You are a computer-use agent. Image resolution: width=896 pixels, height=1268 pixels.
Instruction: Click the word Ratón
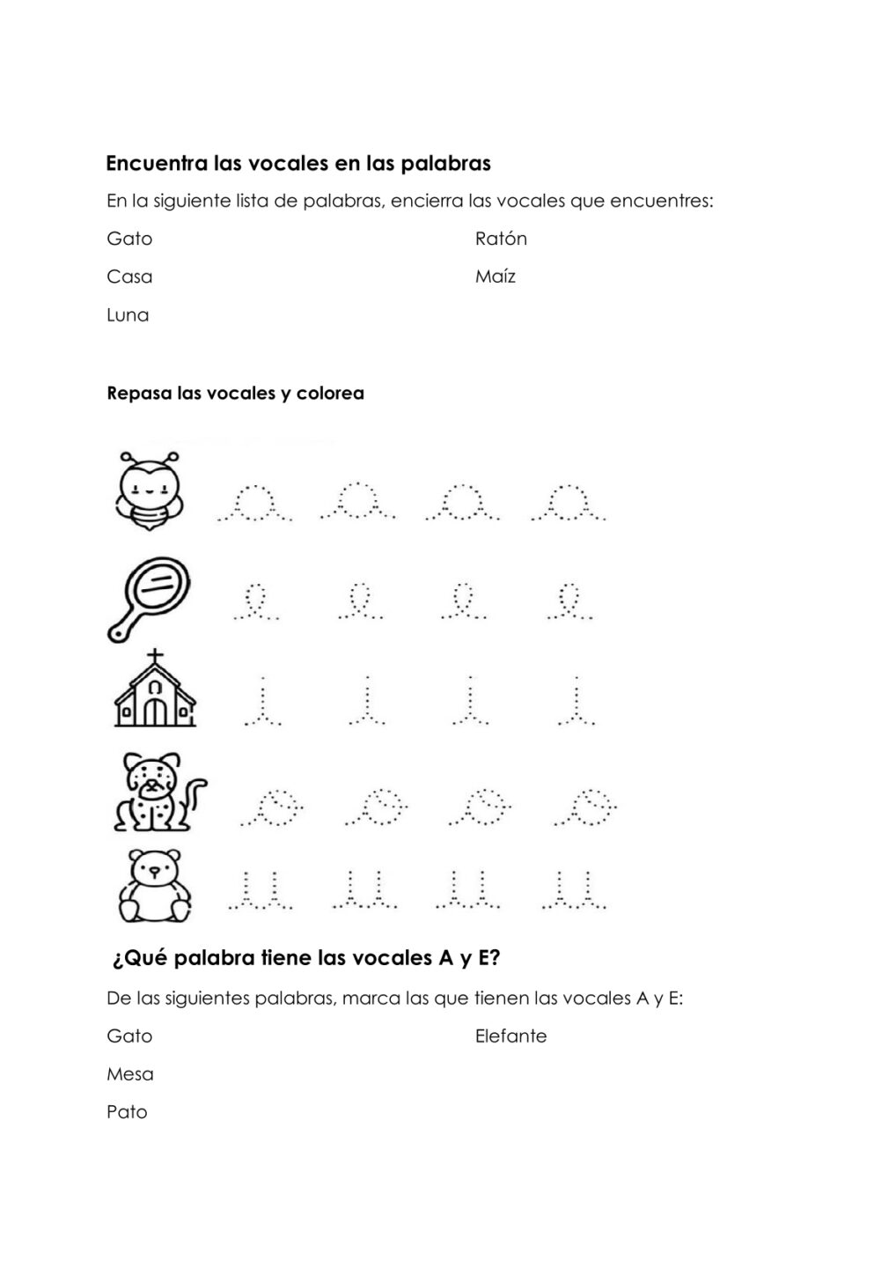[501, 239]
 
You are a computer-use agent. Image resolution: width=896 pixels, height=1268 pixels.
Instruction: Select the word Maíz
[495, 276]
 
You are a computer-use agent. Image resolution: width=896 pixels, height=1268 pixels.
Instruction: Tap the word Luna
[128, 315]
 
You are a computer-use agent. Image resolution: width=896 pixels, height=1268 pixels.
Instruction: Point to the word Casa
[129, 276]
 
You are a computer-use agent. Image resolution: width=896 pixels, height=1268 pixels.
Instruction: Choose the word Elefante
[510, 1036]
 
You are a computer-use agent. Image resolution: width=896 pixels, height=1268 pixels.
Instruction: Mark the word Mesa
[130, 1074]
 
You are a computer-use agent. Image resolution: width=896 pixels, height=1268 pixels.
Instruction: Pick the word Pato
[127, 1112]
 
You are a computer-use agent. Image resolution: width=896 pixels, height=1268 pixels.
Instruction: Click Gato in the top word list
[129, 239]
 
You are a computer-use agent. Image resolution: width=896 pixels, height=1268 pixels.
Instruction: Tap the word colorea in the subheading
[330, 394]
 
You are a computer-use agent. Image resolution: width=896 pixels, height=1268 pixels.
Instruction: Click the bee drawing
[149, 490]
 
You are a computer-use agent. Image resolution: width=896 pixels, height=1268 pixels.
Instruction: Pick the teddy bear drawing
[155, 885]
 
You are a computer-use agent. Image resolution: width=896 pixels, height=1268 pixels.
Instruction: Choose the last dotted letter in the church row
[577, 702]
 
